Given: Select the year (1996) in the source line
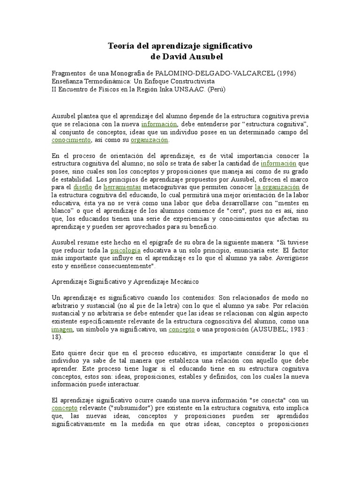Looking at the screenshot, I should click(x=286, y=74).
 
